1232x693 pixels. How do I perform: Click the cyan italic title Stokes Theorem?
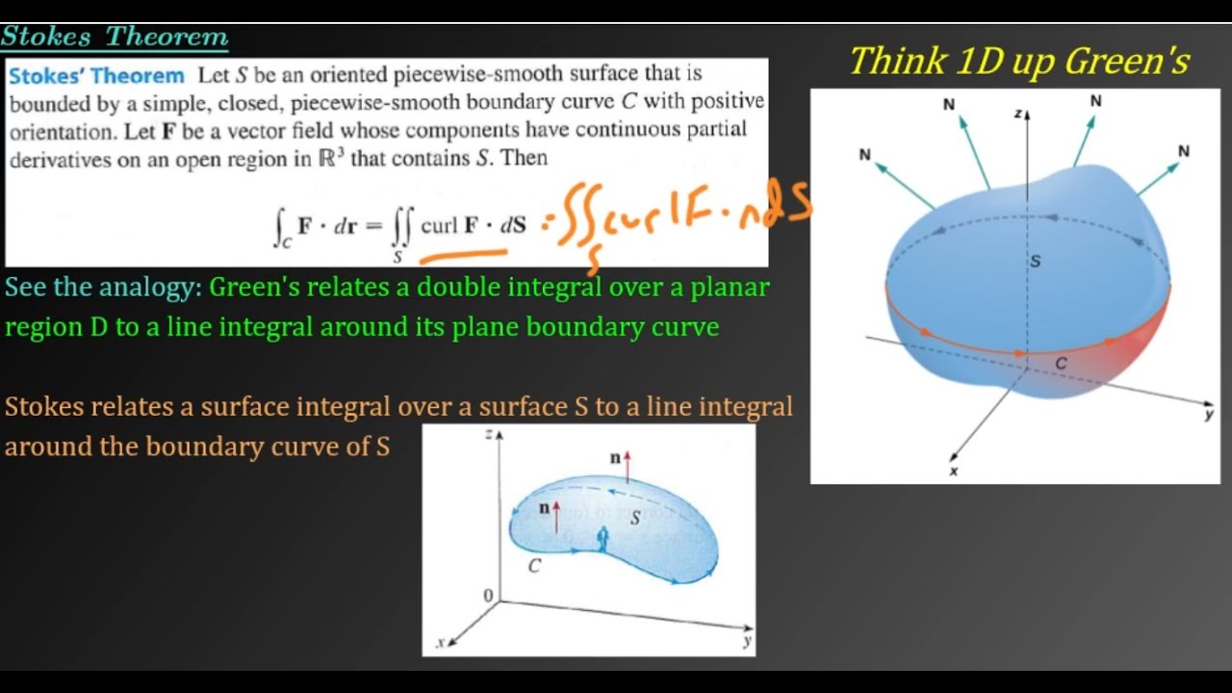click(115, 37)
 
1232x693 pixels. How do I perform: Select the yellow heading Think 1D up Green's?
click(1019, 62)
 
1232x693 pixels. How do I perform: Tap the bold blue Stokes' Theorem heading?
click(96, 75)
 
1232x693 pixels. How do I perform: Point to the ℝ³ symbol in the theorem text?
click(331, 158)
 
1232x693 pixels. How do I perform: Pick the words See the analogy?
click(103, 287)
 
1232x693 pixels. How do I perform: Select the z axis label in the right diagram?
click(1017, 114)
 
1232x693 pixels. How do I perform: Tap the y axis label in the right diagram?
click(1209, 414)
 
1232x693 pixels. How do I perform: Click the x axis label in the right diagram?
click(954, 471)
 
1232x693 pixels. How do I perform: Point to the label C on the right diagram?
click(1061, 363)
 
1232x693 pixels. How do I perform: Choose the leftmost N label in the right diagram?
click(864, 154)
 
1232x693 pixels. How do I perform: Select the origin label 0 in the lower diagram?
click(488, 596)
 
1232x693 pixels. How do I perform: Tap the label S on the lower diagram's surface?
click(635, 518)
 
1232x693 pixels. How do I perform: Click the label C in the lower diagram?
click(534, 566)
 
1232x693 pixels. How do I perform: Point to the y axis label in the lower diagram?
click(746, 642)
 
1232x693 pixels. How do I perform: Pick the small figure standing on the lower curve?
click(603, 540)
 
